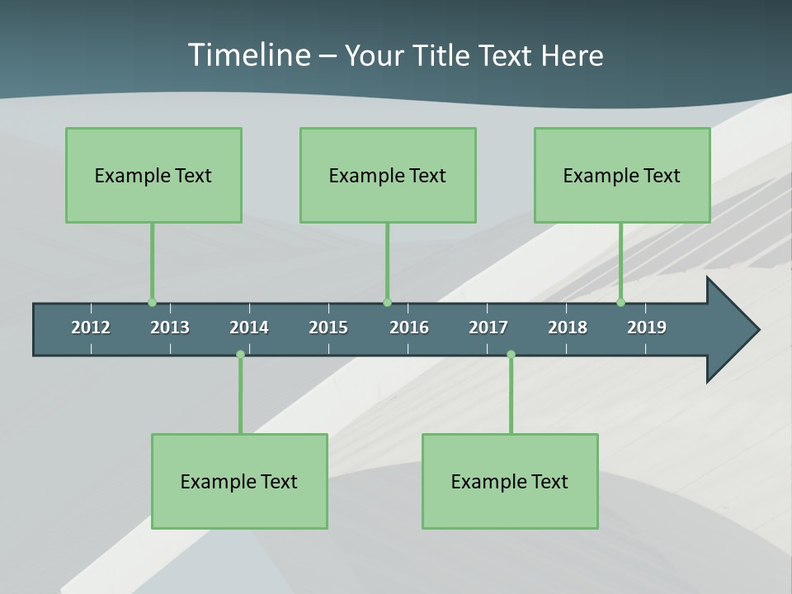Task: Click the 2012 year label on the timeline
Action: [x=91, y=328]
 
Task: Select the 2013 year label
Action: [x=170, y=328]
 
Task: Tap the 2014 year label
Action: [x=249, y=328]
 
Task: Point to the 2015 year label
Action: [x=328, y=328]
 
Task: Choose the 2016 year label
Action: [x=409, y=328]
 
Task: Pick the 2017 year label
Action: [x=488, y=328]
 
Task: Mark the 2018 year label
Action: [x=568, y=328]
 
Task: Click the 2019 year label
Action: [x=647, y=328]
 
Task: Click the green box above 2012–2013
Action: [x=153, y=175]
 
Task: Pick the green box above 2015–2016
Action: [x=388, y=175]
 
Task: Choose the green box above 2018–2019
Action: [x=622, y=175]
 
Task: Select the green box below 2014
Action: [x=239, y=481]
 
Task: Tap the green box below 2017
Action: [x=510, y=481]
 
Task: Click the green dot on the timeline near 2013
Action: [x=153, y=303]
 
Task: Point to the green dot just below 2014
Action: [x=240, y=354]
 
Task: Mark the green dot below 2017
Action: [x=511, y=354]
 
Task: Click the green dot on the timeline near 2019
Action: [x=621, y=303]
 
